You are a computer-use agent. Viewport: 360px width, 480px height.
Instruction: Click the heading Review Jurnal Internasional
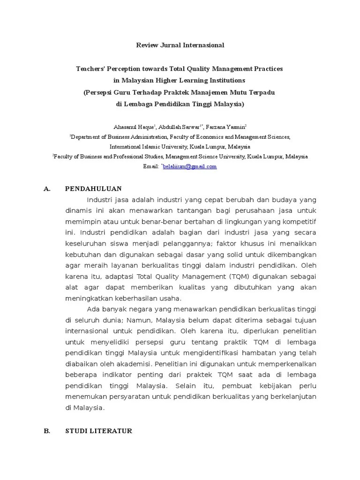[x=180, y=45]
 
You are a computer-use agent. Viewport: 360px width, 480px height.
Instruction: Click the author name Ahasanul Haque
[x=128, y=127]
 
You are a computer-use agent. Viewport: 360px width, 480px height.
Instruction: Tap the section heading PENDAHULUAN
[x=93, y=189]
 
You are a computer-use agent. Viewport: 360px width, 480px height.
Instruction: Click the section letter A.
[x=46, y=189]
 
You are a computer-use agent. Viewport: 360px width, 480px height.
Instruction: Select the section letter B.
[x=46, y=431]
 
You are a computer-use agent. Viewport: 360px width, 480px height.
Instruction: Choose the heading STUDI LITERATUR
[x=98, y=431]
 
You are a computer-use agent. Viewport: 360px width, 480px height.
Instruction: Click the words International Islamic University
[x=140, y=147]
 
